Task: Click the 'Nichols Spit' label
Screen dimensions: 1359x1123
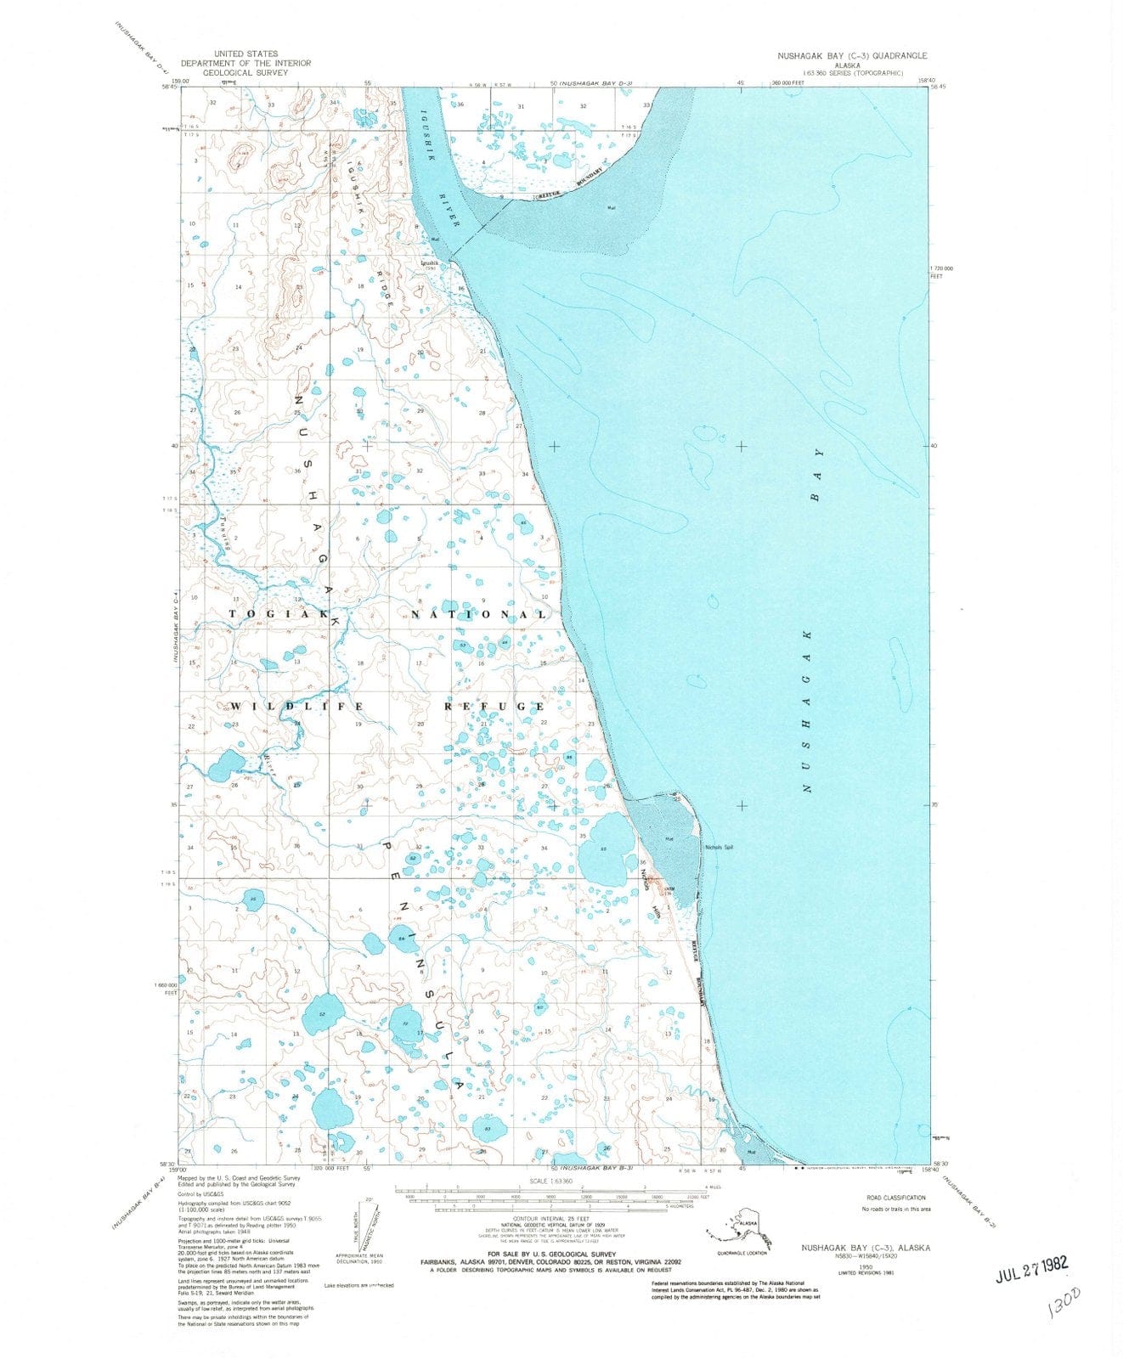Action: click(719, 847)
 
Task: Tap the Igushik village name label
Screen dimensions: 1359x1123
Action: click(431, 263)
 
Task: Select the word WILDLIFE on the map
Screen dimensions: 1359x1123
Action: click(296, 706)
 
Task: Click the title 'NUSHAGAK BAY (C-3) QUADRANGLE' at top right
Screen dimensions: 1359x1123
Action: click(852, 55)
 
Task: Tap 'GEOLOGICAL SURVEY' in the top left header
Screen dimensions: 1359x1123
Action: click(245, 73)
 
